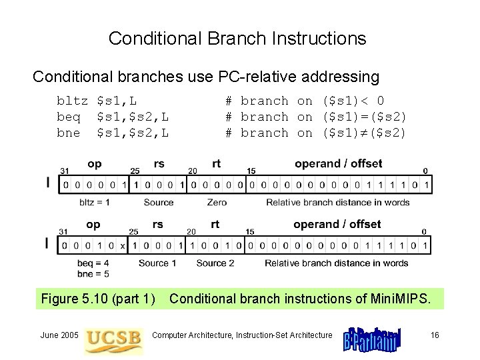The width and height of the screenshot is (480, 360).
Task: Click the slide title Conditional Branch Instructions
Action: point(237,38)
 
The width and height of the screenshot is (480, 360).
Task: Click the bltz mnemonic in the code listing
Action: point(72,101)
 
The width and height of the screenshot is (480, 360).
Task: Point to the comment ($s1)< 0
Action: point(353,101)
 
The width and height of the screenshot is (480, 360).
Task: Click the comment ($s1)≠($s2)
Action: point(364,133)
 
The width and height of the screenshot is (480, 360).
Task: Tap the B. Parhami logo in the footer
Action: point(372,337)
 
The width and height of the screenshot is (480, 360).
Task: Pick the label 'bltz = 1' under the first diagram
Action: point(94,202)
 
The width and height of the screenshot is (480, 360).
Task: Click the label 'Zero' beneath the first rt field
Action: point(217,202)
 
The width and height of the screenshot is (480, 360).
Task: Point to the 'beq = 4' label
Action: point(93,263)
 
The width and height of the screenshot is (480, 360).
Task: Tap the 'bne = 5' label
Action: point(93,273)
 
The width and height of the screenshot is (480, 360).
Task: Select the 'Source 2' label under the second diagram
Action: point(215,263)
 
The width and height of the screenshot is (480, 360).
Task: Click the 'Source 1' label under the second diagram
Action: point(158,263)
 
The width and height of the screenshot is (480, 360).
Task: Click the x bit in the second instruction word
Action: point(122,246)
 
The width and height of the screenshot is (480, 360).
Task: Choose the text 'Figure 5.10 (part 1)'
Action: point(98,299)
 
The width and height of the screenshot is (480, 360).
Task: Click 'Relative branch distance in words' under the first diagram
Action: point(338,202)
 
